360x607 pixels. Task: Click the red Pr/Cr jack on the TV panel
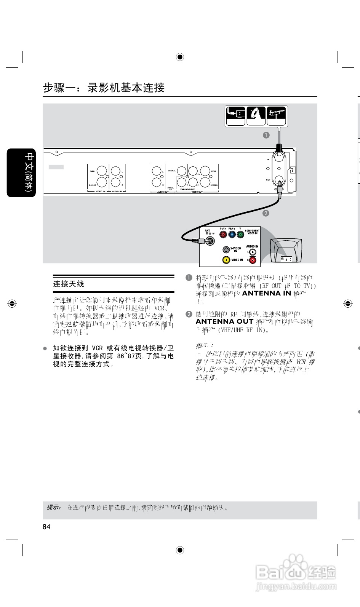tap(223, 235)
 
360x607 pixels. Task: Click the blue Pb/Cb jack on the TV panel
tap(232, 235)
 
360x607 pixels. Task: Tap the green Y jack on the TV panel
tap(240, 235)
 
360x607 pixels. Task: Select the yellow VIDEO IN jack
tap(226, 260)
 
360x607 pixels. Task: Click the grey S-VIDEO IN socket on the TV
tap(226, 250)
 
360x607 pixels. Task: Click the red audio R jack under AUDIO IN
tap(252, 260)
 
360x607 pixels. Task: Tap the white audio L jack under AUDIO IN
tap(252, 252)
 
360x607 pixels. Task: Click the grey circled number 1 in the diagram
tap(266, 135)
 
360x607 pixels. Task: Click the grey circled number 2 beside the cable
tap(266, 213)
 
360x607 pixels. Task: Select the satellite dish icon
tap(256, 116)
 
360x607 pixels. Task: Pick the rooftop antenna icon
tap(277, 116)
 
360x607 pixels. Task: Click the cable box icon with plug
tap(235, 116)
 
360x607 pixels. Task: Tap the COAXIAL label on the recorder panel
tap(172, 171)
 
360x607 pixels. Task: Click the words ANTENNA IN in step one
tap(266, 293)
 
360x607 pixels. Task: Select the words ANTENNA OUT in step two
tap(224, 321)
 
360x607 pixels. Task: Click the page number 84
tap(46, 527)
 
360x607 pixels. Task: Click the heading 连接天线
tap(69, 284)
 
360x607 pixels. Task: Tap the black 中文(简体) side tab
tap(22, 173)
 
